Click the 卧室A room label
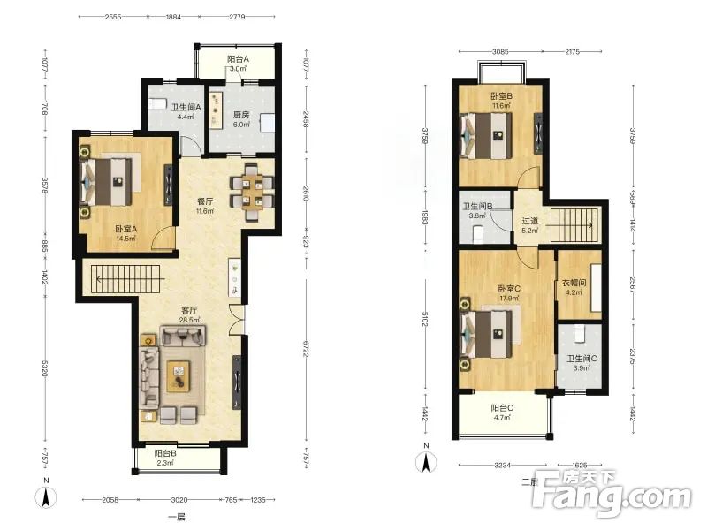pos(125,229)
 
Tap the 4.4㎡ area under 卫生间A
pos(186,117)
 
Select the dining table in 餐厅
pos(252,192)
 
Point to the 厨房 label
pos(241,115)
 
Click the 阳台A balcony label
pos(238,59)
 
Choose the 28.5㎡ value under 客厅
pos(189,320)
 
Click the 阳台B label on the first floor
pos(165,453)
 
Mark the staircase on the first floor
pos(125,279)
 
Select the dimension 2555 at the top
pos(113,17)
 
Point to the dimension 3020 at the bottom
pos(179,500)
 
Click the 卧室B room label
pos(501,96)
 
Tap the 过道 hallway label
pos(529,221)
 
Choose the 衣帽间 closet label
pos(574,283)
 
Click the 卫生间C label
pos(582,359)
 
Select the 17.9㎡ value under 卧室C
pos(509,299)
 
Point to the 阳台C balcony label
pos(502,408)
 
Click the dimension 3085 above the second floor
pos(500,52)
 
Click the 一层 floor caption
pos(176,517)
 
